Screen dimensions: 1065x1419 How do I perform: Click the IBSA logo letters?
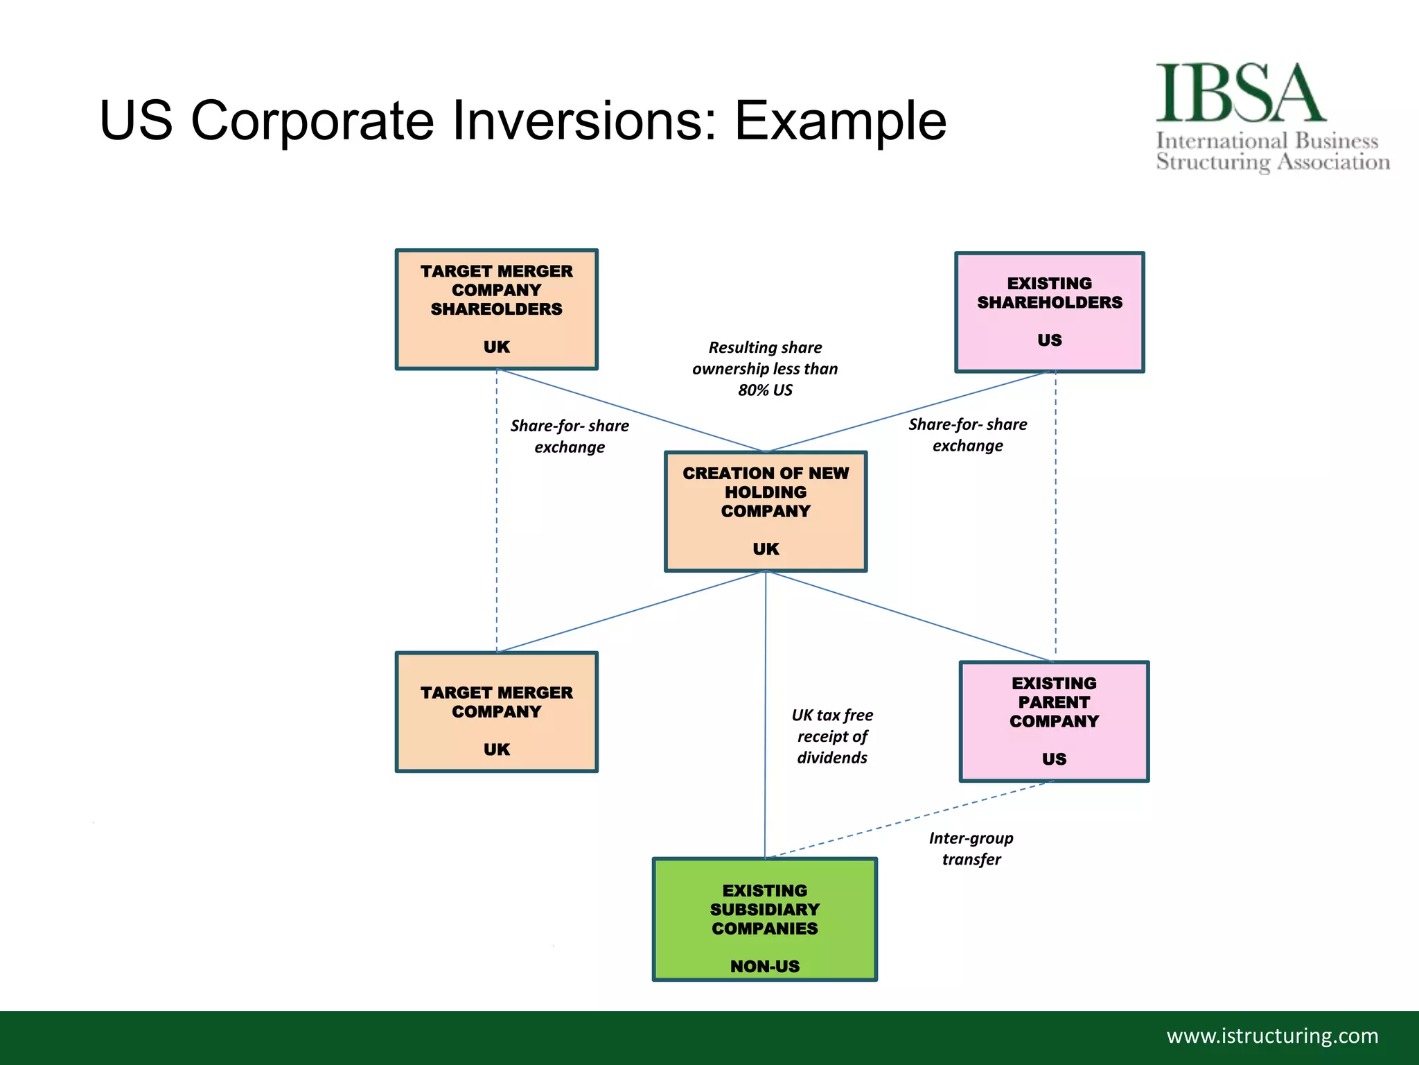(x=1240, y=93)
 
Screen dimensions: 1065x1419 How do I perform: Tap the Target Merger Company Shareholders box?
(x=496, y=309)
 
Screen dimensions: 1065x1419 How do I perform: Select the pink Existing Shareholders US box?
(x=1049, y=312)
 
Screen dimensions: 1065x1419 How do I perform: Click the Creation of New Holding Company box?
(x=765, y=512)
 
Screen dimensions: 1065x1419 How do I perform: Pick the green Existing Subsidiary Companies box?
(x=764, y=919)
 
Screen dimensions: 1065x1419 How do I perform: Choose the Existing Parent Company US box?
(x=1053, y=721)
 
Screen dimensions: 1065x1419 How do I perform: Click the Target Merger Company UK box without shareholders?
(x=496, y=712)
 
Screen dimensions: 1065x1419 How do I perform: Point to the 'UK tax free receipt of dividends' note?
(x=831, y=736)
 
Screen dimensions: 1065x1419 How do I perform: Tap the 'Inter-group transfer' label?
(x=971, y=849)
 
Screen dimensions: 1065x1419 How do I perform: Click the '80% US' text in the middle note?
(x=765, y=390)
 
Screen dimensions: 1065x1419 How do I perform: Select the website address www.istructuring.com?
(x=1272, y=1036)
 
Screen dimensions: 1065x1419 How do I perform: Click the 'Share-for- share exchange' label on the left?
(x=570, y=436)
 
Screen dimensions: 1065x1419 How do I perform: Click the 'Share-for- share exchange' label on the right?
(x=967, y=435)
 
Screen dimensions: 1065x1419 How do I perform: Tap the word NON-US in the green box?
(x=764, y=966)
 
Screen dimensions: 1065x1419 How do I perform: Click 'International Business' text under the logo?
(x=1267, y=141)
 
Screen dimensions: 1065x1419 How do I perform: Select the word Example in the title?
(x=840, y=121)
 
